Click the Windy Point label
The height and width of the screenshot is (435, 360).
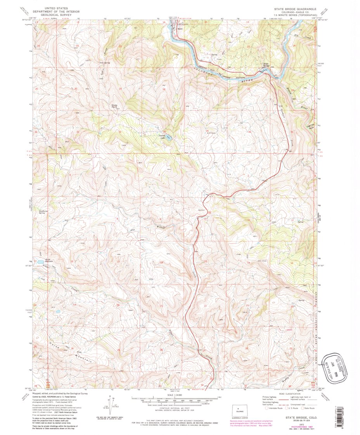pyautogui.click(x=114, y=105)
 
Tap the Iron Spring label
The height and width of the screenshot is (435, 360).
pyautogui.click(x=105, y=62)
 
